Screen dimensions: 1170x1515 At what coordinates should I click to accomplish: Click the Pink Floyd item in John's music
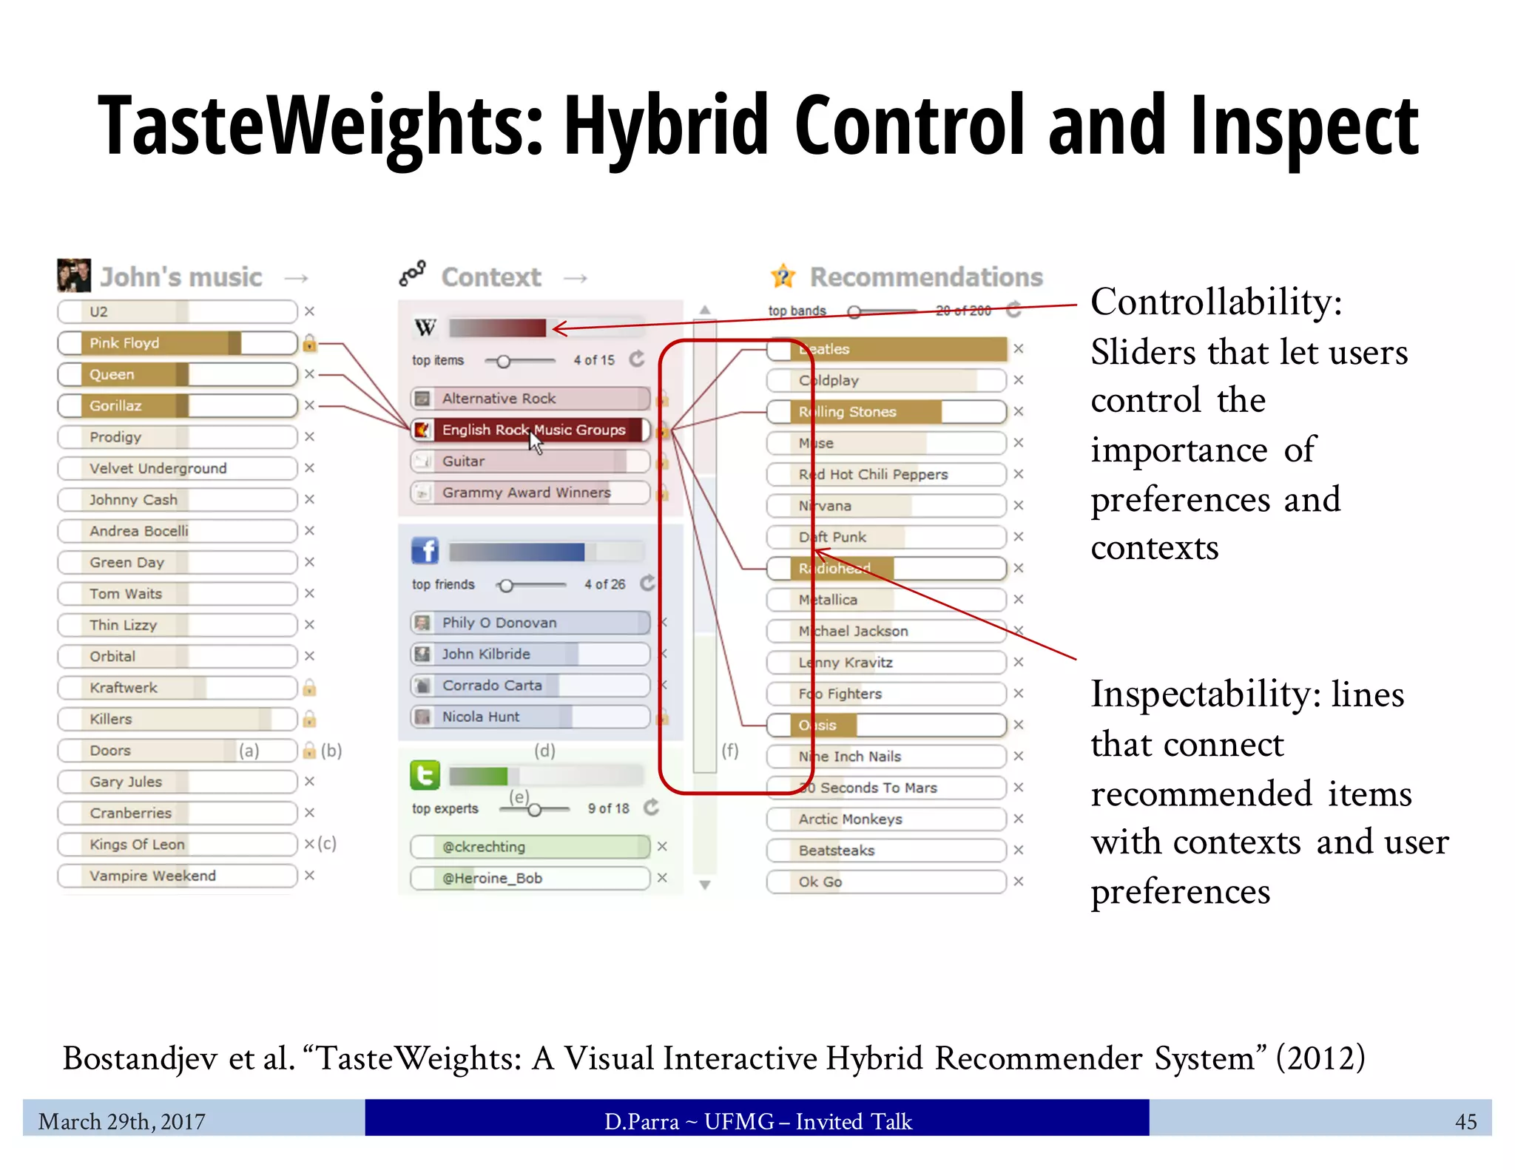[178, 343]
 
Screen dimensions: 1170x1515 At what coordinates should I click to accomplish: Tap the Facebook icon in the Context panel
[425, 551]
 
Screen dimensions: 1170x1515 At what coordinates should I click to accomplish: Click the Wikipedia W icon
[425, 327]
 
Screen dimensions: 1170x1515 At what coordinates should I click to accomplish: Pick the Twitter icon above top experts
[425, 776]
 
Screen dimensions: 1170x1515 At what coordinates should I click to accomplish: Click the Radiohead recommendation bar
[886, 569]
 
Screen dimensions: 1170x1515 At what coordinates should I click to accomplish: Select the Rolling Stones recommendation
[886, 412]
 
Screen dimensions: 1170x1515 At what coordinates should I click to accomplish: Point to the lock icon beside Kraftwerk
[309, 689]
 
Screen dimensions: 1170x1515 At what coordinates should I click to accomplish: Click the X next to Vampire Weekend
[309, 876]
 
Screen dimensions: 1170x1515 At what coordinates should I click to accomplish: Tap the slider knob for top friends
[506, 586]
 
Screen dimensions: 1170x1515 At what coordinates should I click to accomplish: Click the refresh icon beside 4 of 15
[637, 359]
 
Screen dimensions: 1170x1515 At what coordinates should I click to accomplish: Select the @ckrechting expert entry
[530, 847]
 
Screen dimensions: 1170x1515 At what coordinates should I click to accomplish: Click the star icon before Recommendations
[783, 277]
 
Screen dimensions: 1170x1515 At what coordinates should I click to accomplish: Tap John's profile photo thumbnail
[74, 275]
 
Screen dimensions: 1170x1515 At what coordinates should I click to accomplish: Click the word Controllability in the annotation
[1215, 302]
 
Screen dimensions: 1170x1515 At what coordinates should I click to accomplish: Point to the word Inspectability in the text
[1206, 694]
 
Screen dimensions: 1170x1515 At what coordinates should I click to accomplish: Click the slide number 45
[1465, 1122]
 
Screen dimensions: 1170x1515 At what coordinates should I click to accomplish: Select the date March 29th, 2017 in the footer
[122, 1122]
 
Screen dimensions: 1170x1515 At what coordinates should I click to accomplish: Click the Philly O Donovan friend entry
[530, 623]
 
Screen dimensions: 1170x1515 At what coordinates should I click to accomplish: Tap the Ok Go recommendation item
[886, 882]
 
